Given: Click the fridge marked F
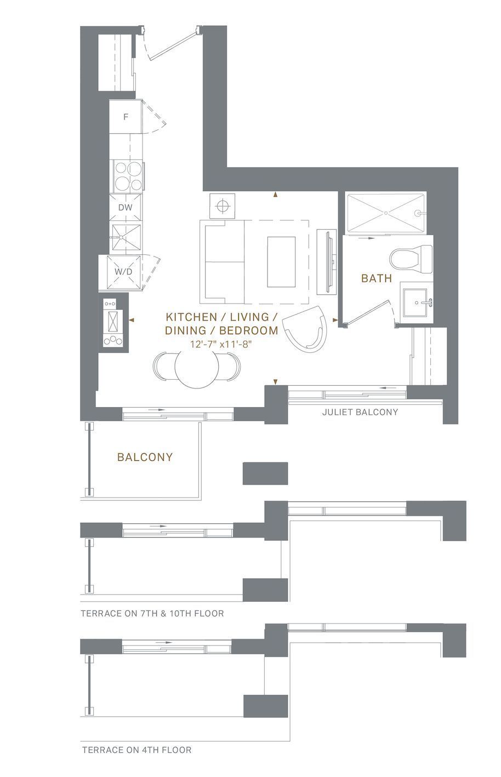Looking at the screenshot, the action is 126,117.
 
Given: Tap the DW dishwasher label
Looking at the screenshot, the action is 125,208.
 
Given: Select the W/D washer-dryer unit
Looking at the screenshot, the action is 124,273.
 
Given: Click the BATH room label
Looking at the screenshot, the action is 377,278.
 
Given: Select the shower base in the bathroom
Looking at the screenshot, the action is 386,213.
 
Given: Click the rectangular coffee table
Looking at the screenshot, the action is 281,262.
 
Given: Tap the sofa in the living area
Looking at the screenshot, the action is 222,261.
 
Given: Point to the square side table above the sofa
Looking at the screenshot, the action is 222,206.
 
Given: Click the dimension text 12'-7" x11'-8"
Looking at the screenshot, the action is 220,345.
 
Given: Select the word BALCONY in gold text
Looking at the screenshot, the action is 145,457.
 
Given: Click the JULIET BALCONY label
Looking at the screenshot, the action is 360,412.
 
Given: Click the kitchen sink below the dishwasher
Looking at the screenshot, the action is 126,237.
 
